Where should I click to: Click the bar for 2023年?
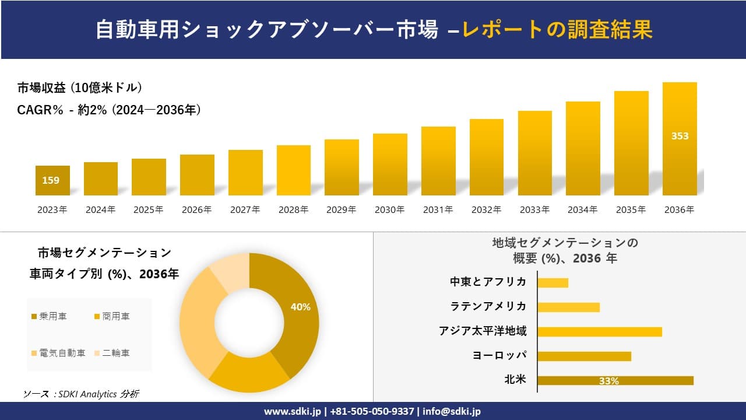[52, 181]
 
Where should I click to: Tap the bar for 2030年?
[390, 164]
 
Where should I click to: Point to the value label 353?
[680, 136]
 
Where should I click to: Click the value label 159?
[51, 180]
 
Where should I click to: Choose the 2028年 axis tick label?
[293, 210]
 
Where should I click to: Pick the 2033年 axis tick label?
[534, 210]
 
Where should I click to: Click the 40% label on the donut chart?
[300, 307]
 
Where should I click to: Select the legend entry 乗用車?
[49, 316]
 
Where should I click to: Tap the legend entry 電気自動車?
[58, 353]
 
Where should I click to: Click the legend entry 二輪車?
[112, 353]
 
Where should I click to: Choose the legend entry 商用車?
[112, 316]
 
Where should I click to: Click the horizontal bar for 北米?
[615, 380]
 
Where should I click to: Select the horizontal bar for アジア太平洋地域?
[599, 331]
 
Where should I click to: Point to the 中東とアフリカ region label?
[488, 282]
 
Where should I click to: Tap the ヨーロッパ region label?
[499, 355]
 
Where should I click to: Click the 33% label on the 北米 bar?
[608, 381]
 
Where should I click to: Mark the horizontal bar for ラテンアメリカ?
[568, 307]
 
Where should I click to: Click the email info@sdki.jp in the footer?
[452, 411]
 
